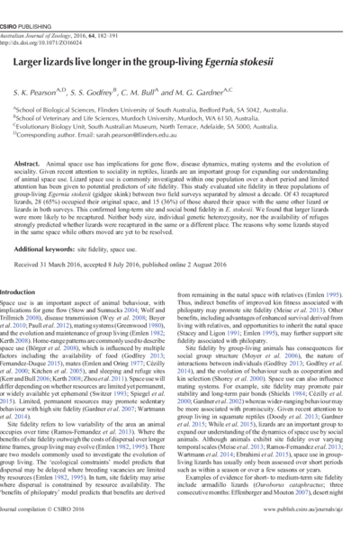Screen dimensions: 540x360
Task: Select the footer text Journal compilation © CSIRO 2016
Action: click(x=55, y=532)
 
